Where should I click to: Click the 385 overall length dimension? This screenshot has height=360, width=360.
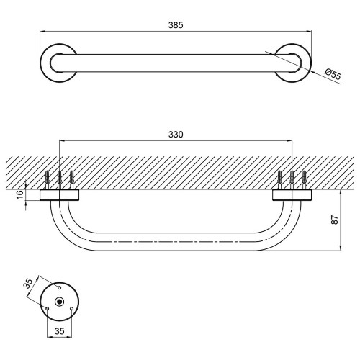[176, 25]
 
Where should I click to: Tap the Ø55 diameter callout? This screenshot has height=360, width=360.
[333, 74]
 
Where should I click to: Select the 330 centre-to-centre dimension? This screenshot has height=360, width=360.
[176, 135]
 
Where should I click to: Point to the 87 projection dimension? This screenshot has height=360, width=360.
[335, 220]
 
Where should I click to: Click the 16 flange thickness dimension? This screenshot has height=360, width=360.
[21, 194]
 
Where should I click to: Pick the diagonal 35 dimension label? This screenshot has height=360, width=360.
[28, 283]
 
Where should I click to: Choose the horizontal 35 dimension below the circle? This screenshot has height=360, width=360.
[60, 331]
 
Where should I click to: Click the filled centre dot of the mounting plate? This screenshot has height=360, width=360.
[59, 302]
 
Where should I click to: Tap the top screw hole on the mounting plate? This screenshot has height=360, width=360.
[60, 287]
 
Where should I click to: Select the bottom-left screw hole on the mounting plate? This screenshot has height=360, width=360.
[48, 309]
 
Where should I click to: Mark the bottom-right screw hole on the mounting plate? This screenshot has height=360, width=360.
[71, 309]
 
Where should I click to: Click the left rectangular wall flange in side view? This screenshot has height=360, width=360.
[59, 195]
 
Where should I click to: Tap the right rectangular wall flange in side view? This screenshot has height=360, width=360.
[292, 195]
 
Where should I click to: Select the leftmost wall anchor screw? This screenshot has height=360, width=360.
[48, 180]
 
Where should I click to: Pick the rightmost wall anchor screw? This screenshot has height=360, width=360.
[305, 180]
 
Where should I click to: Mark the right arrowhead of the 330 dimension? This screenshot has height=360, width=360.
[289, 140]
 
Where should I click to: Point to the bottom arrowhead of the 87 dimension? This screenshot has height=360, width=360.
[341, 248]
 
